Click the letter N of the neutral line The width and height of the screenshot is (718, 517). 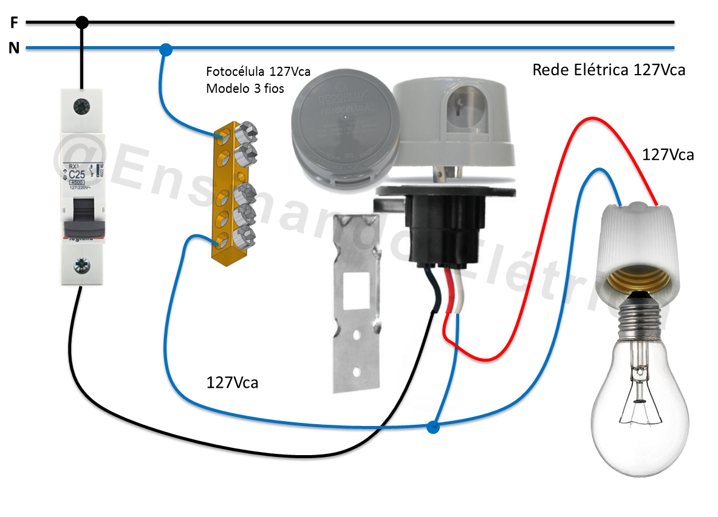[13, 48]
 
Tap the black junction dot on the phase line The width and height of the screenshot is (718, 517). [82, 23]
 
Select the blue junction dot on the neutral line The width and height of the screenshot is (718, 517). [165, 48]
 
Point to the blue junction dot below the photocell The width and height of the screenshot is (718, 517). [433, 427]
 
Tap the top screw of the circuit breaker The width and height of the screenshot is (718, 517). [80, 106]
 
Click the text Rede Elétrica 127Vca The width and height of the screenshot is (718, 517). [609, 70]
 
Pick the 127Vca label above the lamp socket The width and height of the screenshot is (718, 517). [668, 155]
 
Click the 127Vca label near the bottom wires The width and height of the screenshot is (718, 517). [232, 383]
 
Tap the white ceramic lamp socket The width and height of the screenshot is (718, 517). [638, 243]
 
